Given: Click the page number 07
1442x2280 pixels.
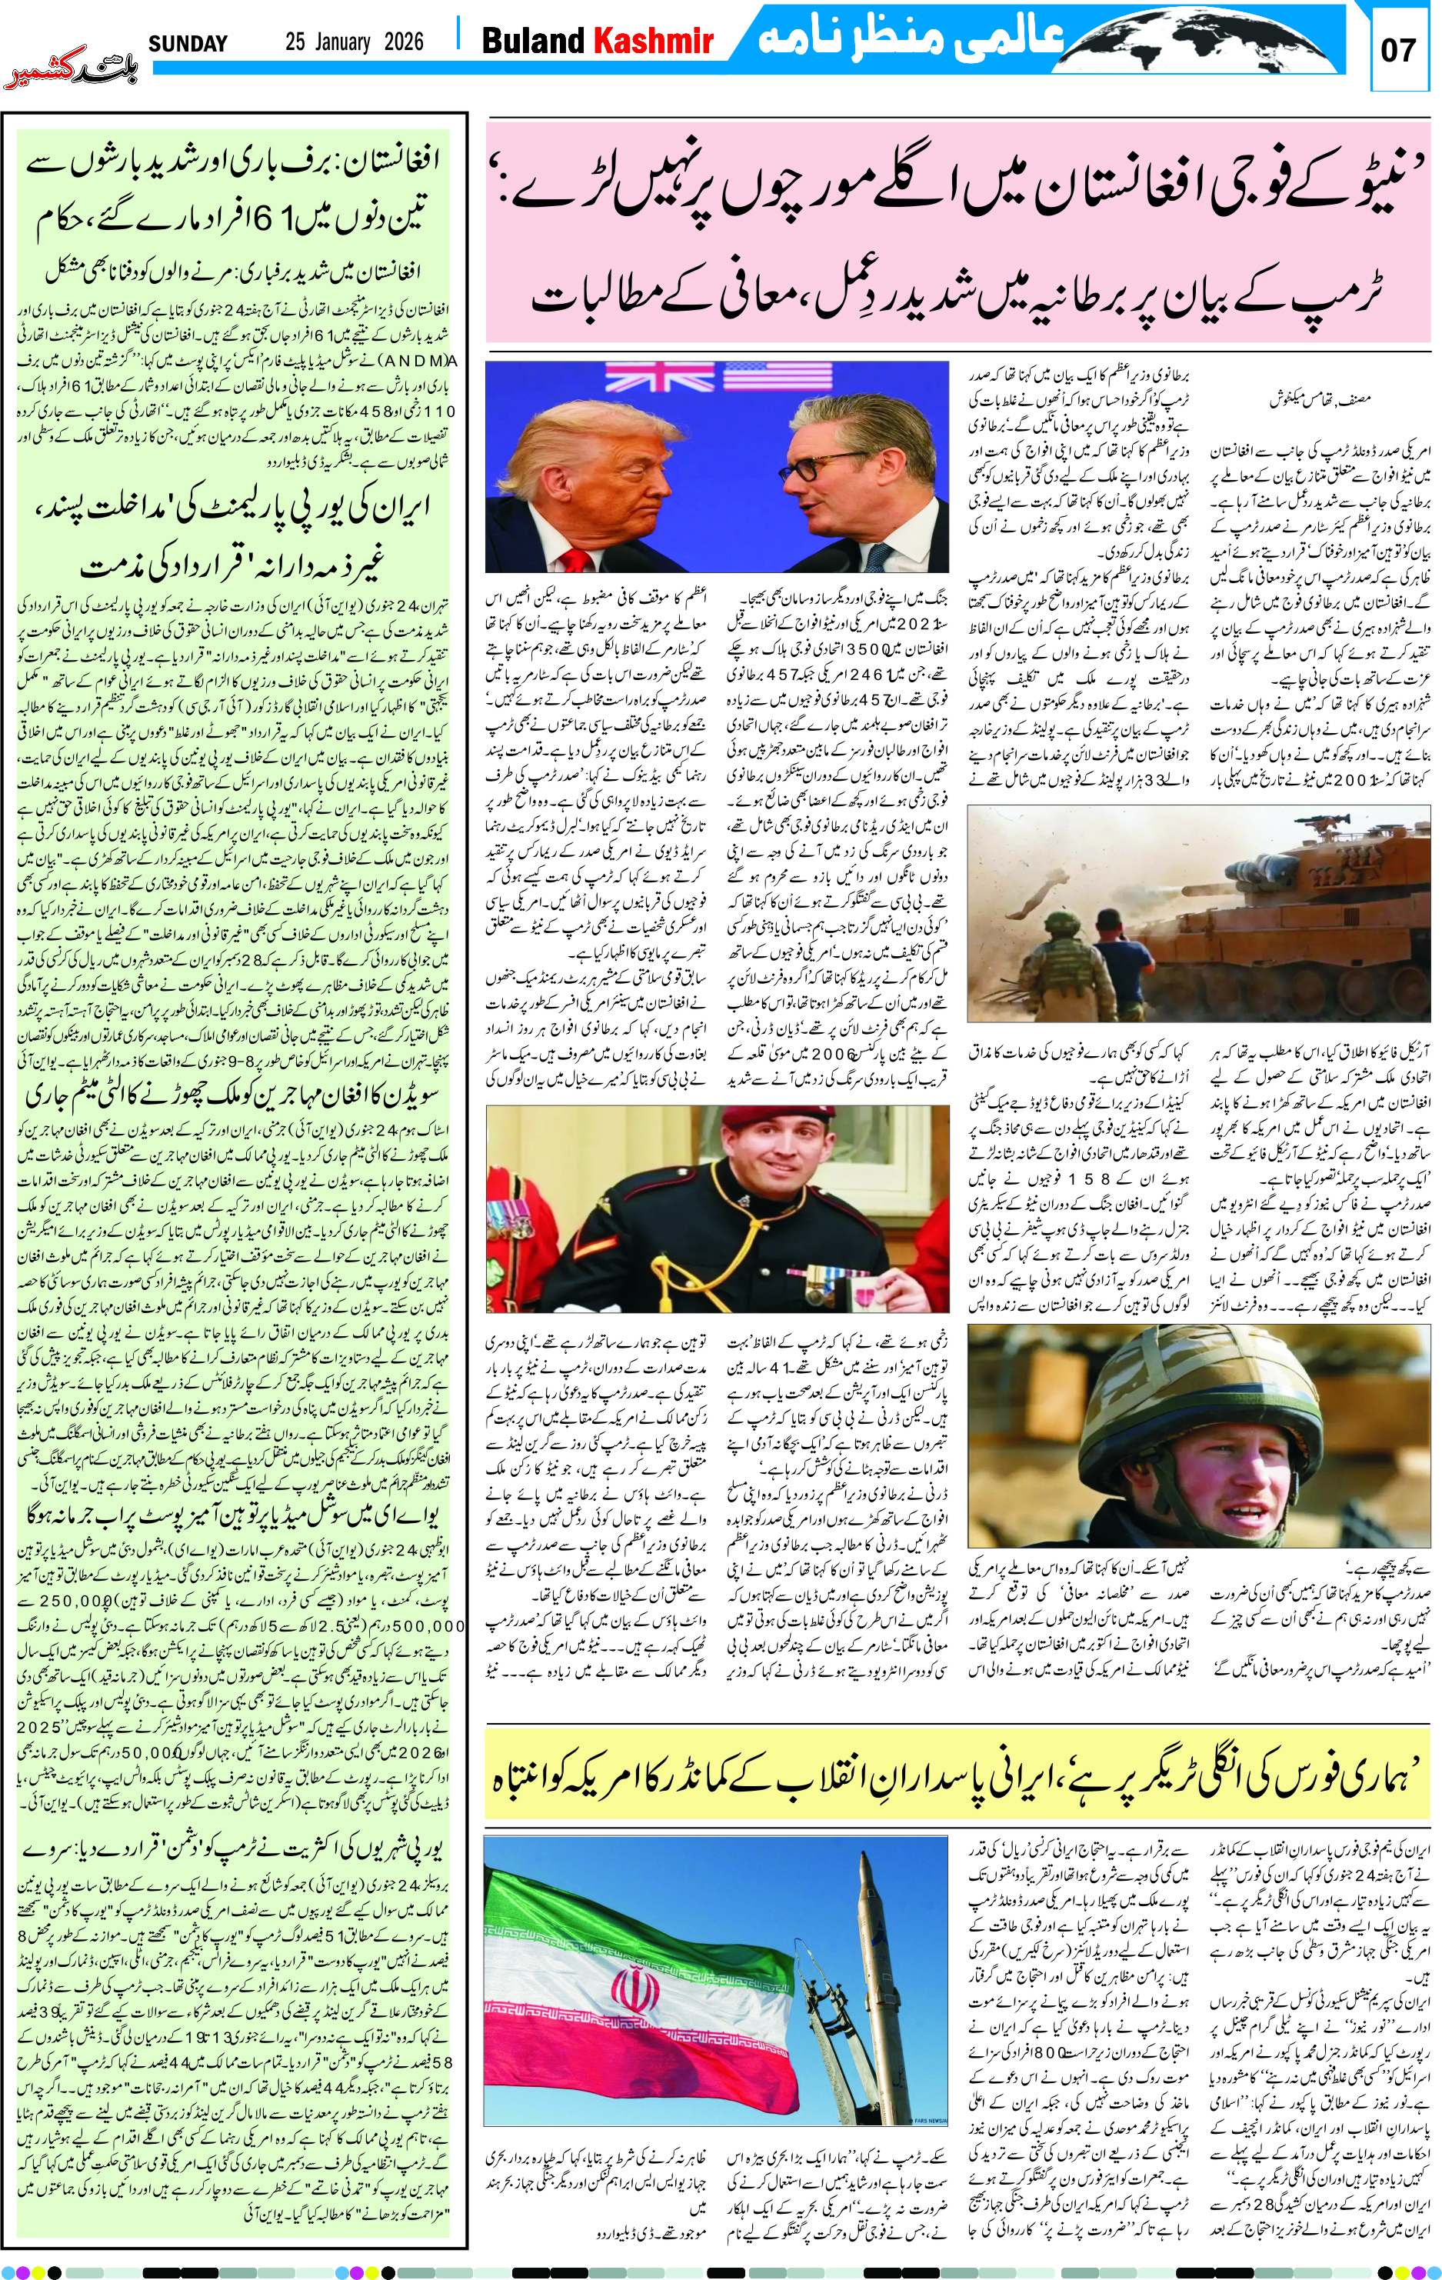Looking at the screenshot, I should coord(1397,49).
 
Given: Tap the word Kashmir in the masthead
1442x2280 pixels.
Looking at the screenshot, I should coord(653,41).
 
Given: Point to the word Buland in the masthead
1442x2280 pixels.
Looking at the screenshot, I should coord(533,41).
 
